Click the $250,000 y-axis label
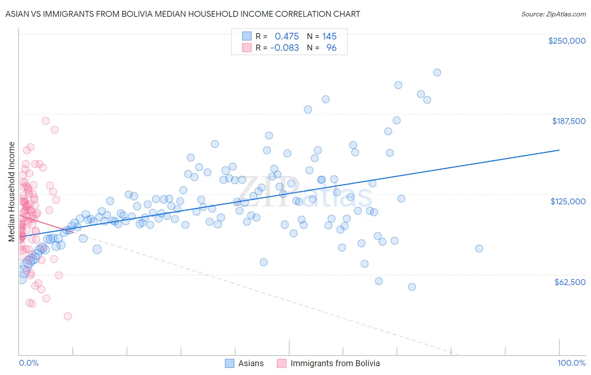click(x=567, y=41)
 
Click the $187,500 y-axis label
click(x=568, y=121)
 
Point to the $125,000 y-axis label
click(x=568, y=201)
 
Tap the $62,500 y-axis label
click(x=570, y=282)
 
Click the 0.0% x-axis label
click(x=29, y=363)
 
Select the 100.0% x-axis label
click(x=571, y=363)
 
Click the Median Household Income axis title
click(x=12, y=192)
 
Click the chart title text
click(x=182, y=14)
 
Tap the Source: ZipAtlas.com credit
click(x=553, y=14)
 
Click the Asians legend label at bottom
click(x=251, y=363)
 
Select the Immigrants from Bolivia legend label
click(x=335, y=363)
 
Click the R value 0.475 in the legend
click(x=287, y=36)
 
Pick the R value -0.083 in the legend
click(x=285, y=48)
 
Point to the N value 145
click(x=330, y=36)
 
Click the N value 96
click(x=331, y=48)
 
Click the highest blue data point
click(x=437, y=72)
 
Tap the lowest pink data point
click(x=67, y=316)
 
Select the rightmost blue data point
click(x=479, y=248)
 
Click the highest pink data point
click(x=45, y=121)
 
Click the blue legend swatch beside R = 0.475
click(x=246, y=36)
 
